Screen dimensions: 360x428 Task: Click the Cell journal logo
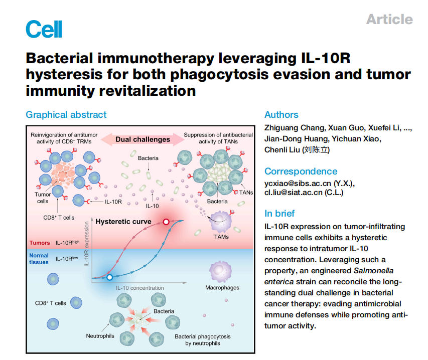click(x=44, y=29)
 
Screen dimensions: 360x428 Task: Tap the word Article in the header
click(x=389, y=20)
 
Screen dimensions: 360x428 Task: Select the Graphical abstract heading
click(x=66, y=115)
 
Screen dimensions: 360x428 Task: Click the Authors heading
click(x=281, y=115)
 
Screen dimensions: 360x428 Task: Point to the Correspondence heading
click(x=301, y=171)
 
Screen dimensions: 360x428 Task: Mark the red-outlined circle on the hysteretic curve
click(x=166, y=222)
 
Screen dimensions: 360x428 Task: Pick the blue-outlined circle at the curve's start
click(x=109, y=277)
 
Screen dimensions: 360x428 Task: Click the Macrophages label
click(x=222, y=288)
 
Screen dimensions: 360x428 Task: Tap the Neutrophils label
click(x=100, y=335)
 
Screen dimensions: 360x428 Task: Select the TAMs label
click(x=221, y=237)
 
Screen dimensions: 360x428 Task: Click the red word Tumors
click(x=40, y=243)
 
